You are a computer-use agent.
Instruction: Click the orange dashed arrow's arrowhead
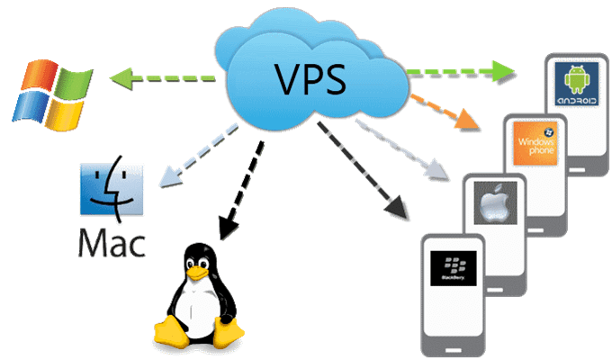[468, 120]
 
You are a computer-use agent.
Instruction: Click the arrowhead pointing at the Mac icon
[167, 179]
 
